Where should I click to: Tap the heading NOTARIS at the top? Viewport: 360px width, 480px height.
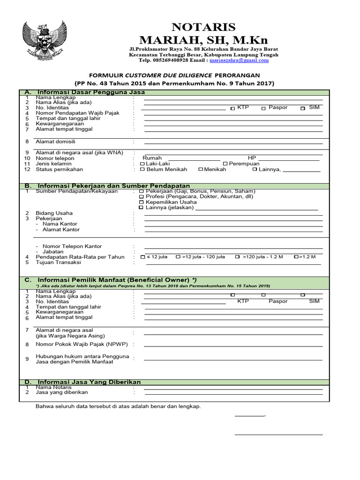click(203, 27)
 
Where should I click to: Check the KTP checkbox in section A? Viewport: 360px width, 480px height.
click(232, 108)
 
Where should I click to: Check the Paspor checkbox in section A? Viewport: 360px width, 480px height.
click(263, 108)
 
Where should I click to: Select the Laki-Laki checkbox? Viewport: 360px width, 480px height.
click(142, 164)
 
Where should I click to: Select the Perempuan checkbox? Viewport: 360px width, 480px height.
click(225, 164)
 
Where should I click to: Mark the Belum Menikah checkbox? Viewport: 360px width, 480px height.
click(142, 170)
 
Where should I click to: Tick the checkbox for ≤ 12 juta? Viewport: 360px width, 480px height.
click(143, 257)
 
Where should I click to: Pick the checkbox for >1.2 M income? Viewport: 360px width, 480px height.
click(296, 257)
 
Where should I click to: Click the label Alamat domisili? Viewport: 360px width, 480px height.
click(56, 141)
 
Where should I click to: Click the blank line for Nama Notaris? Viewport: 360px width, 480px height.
click(233, 389)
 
